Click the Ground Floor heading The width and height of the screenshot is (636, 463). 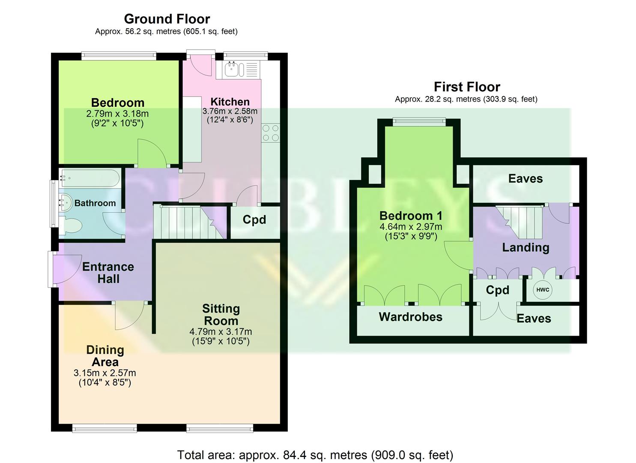(x=167, y=19)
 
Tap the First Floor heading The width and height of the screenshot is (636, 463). (x=467, y=87)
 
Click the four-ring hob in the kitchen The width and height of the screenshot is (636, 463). (x=271, y=132)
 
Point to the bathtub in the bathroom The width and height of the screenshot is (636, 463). (x=90, y=178)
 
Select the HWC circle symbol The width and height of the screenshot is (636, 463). (x=543, y=290)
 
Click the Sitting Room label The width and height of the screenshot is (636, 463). (x=221, y=315)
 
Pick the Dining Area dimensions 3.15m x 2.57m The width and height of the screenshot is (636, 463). (x=105, y=373)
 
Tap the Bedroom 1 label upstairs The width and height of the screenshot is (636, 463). (x=411, y=216)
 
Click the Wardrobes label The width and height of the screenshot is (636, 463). (x=410, y=317)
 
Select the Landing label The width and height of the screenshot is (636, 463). (x=526, y=247)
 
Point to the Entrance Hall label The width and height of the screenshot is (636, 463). (x=108, y=273)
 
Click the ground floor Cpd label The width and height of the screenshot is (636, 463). (x=254, y=219)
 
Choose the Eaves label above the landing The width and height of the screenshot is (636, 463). (x=525, y=178)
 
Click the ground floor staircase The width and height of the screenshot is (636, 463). (x=188, y=222)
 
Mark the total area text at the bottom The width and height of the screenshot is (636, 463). (x=315, y=454)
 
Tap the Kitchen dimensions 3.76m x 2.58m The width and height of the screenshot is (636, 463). (x=230, y=111)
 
